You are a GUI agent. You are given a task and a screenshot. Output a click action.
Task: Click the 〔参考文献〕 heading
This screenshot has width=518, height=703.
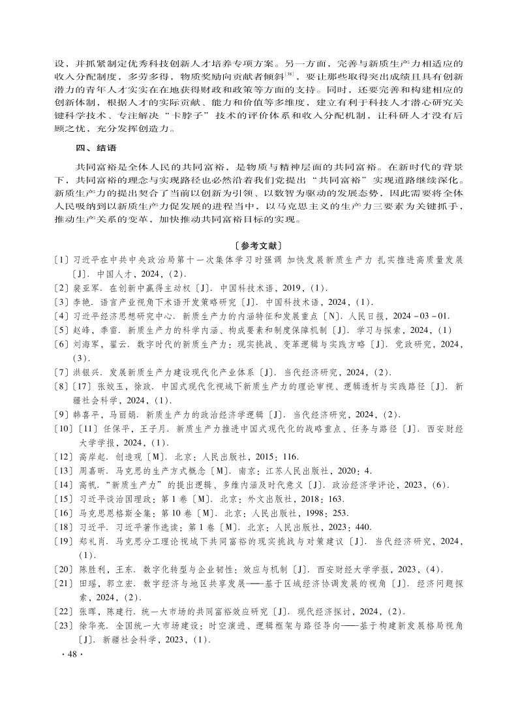[x=259, y=246]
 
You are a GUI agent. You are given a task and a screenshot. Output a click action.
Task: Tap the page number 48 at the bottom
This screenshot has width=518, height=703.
[x=68, y=655]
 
